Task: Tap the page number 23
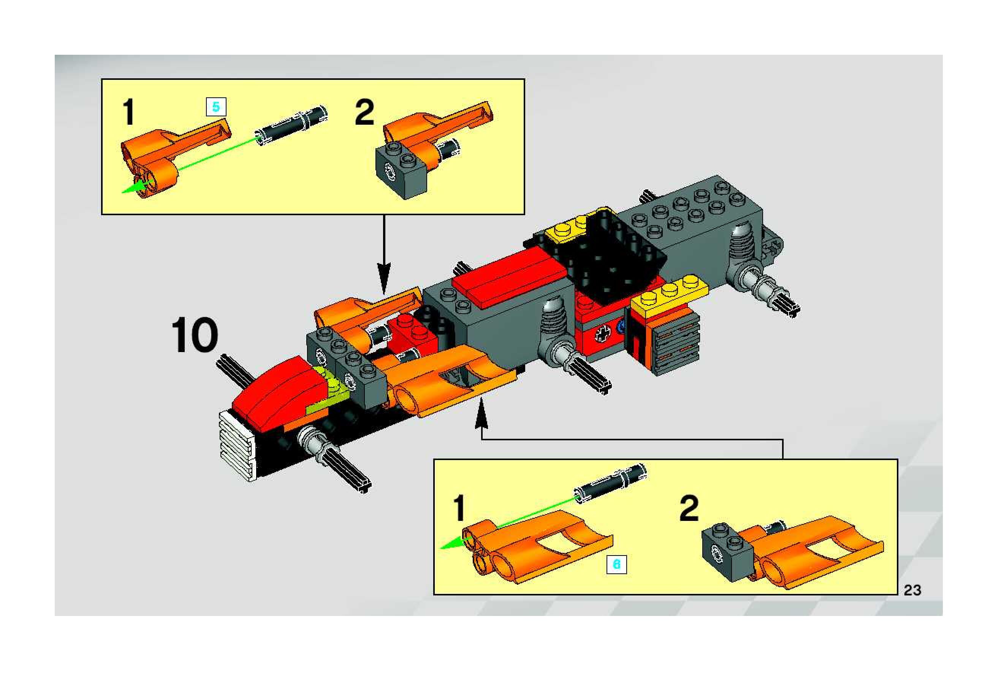[x=912, y=590]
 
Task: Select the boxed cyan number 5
[x=216, y=106]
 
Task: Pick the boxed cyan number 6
[x=616, y=564]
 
